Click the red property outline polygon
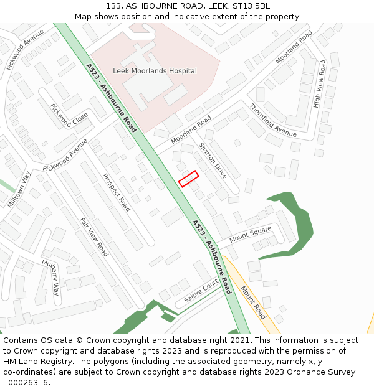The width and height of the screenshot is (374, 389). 188,179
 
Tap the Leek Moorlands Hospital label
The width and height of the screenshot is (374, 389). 155,71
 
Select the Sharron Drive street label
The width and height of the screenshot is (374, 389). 213,160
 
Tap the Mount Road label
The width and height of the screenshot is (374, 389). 253,302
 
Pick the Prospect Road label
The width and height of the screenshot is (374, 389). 117,192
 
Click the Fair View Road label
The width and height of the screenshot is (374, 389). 94,237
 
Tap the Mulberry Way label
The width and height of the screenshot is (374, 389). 50,276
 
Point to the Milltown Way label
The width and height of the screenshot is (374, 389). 19,189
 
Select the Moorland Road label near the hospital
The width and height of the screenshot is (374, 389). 191,129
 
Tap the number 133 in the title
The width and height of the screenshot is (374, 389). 113,6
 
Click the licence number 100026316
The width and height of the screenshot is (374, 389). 26,382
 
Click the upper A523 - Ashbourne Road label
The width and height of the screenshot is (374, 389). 112,98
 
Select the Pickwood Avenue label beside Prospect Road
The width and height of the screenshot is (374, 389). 65,154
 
